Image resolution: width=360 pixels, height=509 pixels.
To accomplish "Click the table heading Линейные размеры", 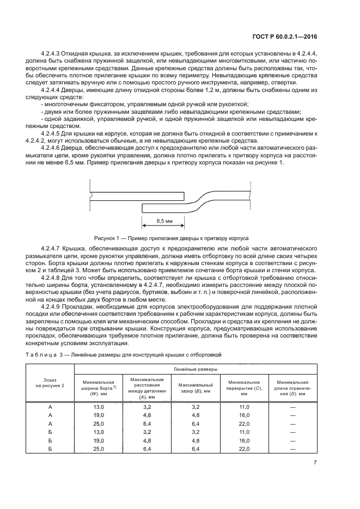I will click(195, 369).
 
